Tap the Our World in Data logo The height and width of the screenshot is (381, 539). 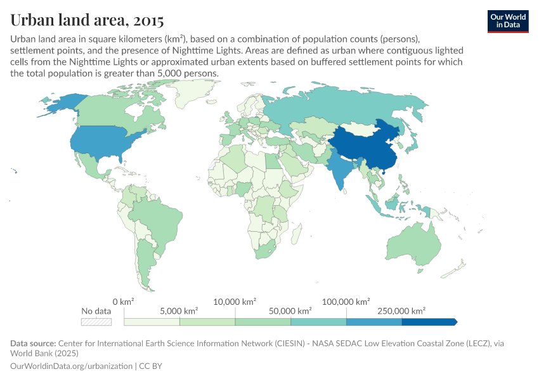pos(507,21)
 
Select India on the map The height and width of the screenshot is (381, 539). pos(339,168)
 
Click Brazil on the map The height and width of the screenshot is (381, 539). pos(159,216)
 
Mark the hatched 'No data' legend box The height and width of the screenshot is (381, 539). pos(96,322)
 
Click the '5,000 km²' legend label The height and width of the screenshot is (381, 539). pos(179,311)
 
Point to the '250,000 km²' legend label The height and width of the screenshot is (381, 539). pos(401,311)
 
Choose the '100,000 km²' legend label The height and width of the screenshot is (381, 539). pos(346,301)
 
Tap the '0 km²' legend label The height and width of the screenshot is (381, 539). pos(124,301)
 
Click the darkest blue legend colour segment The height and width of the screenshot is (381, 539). pos(429,322)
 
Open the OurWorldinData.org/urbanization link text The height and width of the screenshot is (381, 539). pos(72,366)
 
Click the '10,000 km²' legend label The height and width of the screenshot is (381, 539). pos(235,301)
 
